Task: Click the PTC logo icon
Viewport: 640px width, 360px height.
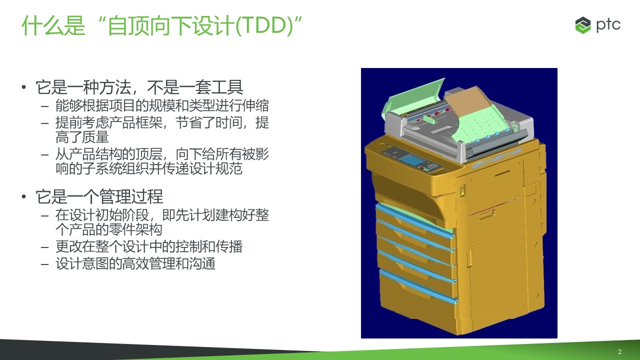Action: pyautogui.click(x=583, y=25)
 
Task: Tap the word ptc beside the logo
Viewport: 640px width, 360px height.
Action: pyautogui.click(x=608, y=25)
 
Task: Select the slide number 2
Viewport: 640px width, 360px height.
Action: pyautogui.click(x=619, y=351)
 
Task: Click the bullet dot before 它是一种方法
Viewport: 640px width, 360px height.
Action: pyautogui.click(x=24, y=87)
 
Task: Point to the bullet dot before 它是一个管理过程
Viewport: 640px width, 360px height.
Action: pyautogui.click(x=24, y=196)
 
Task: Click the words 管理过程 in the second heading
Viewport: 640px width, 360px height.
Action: pyautogui.click(x=131, y=196)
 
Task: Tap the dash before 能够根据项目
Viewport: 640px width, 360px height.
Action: pyautogui.click(x=44, y=106)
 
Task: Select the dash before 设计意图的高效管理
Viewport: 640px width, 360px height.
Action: pyautogui.click(x=44, y=264)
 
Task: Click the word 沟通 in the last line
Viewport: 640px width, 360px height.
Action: pyautogui.click(x=201, y=263)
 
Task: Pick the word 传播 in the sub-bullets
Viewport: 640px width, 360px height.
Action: pyautogui.click(x=229, y=246)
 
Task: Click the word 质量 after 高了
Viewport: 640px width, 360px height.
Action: pyautogui.click(x=95, y=137)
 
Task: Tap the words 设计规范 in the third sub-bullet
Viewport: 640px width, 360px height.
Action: pyautogui.click(x=216, y=168)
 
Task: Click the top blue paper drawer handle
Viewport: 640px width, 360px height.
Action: pyautogui.click(x=415, y=219)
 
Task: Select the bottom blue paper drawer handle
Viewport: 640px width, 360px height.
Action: pyautogui.click(x=419, y=287)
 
